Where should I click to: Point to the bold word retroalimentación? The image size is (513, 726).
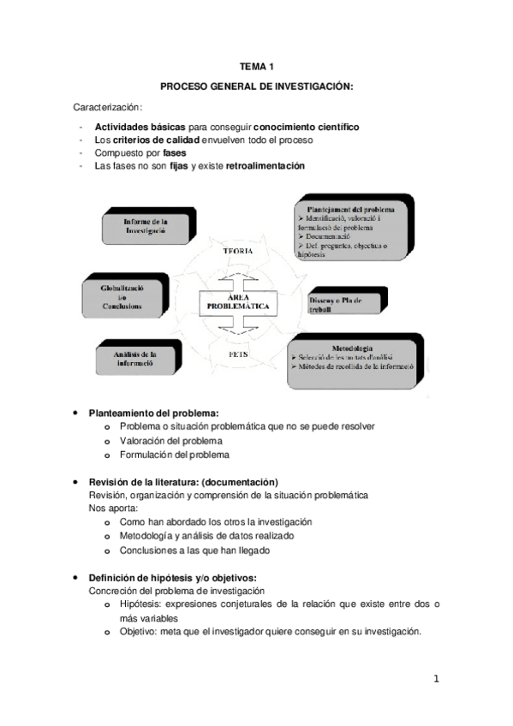point(265,165)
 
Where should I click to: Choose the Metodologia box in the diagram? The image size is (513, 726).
point(353,360)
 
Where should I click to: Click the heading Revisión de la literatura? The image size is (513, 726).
point(183,481)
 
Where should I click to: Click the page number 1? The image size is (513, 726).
point(435,680)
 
